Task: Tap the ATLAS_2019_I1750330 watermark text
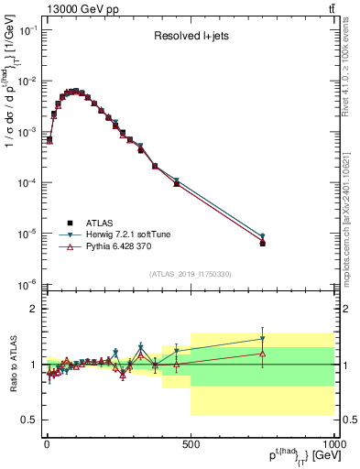[x=190, y=274]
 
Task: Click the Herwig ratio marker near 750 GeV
[x=263, y=339]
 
